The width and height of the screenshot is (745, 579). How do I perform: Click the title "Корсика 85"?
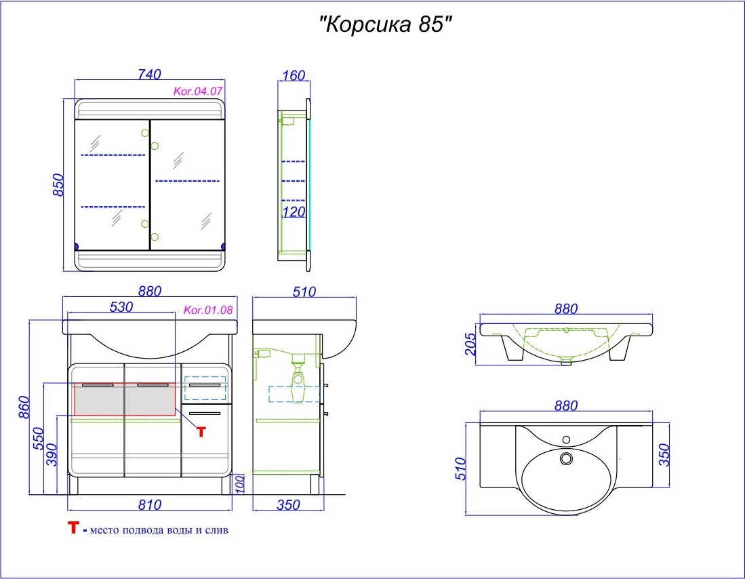[x=384, y=24]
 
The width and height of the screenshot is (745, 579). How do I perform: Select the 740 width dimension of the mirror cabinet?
[x=150, y=75]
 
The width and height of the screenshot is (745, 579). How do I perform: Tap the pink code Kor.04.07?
[x=198, y=91]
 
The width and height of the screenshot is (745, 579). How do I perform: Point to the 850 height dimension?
[x=58, y=185]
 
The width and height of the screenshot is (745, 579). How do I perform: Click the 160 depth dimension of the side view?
[x=294, y=75]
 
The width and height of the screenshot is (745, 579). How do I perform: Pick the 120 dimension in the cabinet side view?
[x=294, y=212]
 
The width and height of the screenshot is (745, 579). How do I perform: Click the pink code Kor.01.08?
[x=208, y=310]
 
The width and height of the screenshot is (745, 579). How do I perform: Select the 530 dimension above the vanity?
[x=121, y=307]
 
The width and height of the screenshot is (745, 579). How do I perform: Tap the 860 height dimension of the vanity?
[x=24, y=407]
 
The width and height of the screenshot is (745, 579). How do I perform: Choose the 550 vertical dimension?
[x=38, y=439]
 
